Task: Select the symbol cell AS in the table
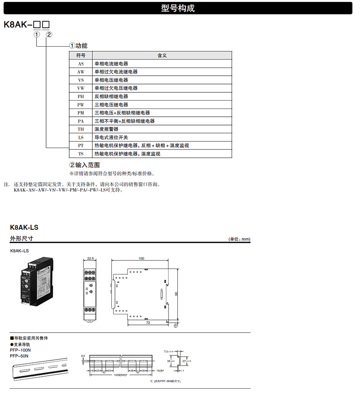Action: click(x=81, y=64)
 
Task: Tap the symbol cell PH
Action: click(x=81, y=96)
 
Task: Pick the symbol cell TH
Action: click(x=81, y=129)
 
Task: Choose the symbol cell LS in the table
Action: click(x=81, y=138)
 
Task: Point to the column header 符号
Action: click(x=81, y=55)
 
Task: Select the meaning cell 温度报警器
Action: click(x=106, y=129)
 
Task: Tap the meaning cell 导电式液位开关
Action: click(x=111, y=138)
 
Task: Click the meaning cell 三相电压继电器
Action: click(x=111, y=105)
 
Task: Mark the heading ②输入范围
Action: click(x=84, y=165)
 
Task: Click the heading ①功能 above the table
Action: click(x=78, y=46)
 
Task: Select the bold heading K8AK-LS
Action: click(x=24, y=227)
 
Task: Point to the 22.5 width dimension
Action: click(x=90, y=258)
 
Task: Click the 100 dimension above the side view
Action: click(x=141, y=258)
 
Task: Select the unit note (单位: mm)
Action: click(x=239, y=239)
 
